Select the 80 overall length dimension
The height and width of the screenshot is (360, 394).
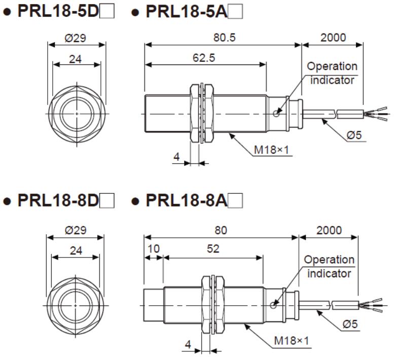(x=221, y=230)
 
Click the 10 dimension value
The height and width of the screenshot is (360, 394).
(x=153, y=249)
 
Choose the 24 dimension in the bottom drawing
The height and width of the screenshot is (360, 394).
(x=76, y=250)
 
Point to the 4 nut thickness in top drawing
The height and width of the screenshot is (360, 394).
(x=176, y=157)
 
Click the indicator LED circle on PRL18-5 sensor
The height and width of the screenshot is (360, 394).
(x=276, y=114)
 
